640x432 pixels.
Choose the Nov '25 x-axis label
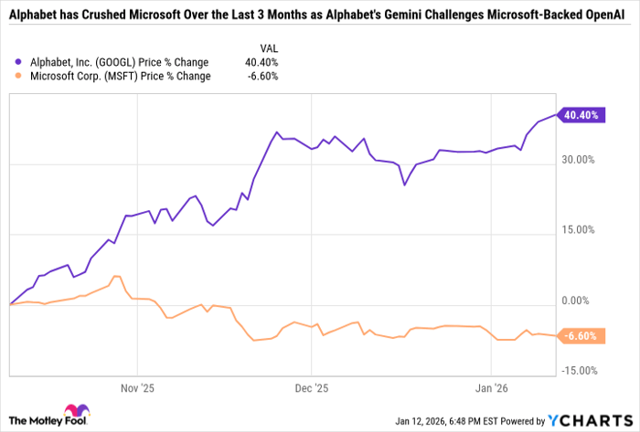tap(135, 386)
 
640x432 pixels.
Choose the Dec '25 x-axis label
tap(311, 386)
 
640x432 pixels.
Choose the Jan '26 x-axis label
tap(492, 386)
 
